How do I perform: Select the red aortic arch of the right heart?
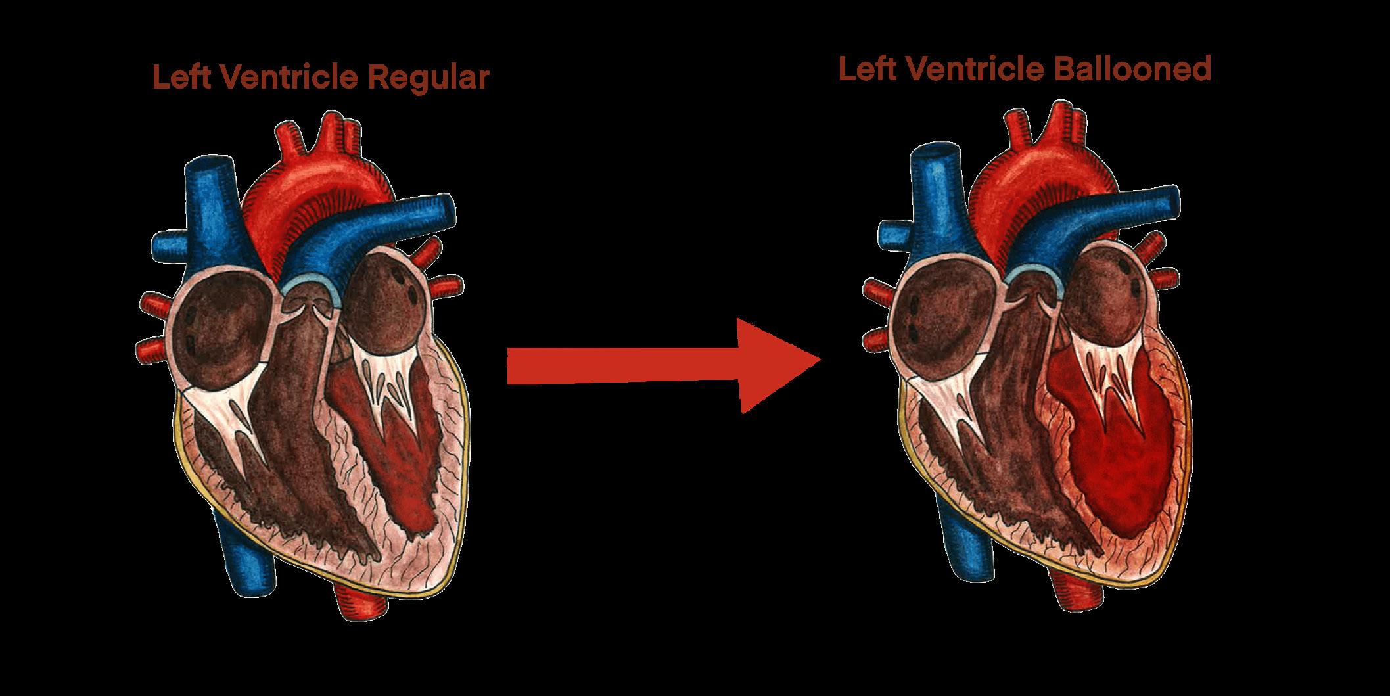tap(1025, 191)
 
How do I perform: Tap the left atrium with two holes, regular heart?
tap(384, 292)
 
